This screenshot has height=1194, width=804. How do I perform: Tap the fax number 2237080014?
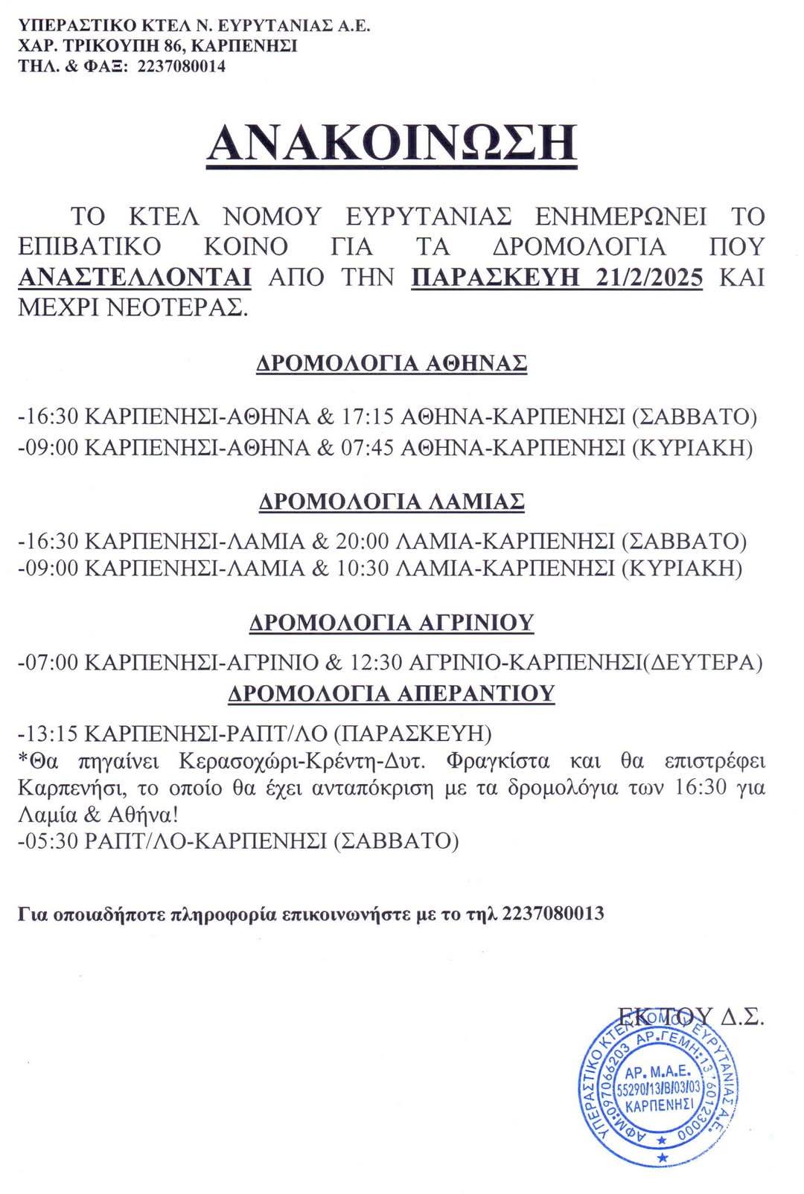coord(182,67)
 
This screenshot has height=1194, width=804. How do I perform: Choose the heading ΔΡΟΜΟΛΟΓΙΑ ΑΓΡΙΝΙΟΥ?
coord(392,622)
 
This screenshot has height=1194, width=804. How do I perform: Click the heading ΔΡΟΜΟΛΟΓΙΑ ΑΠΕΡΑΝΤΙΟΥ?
coord(392,693)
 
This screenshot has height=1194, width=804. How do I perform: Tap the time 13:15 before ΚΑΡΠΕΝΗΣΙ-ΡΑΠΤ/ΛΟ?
coord(51,734)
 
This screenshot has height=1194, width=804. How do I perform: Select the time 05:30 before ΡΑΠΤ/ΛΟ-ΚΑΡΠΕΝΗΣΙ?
coord(51,841)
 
